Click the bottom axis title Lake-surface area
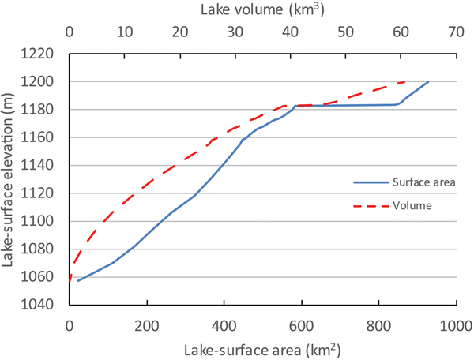pos(262,348)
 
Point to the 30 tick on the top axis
pos(235,34)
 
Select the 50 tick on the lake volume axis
pos(345,34)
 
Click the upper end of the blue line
pos(427,82)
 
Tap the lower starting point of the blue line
pos(77,281)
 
